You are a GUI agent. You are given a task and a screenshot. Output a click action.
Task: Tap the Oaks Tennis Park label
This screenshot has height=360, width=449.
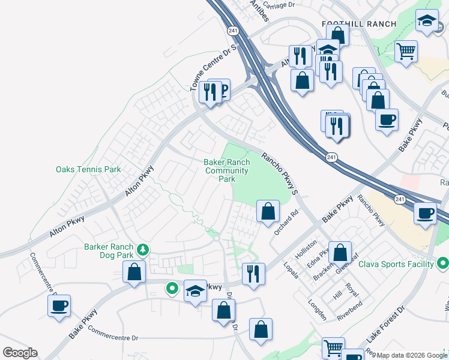[88, 170]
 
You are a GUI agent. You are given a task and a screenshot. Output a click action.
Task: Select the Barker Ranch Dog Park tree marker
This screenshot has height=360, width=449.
[143, 248]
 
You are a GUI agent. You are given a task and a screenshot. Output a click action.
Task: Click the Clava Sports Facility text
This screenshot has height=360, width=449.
[396, 264]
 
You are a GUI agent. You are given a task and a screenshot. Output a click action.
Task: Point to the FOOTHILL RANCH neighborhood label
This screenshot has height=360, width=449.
[359, 24]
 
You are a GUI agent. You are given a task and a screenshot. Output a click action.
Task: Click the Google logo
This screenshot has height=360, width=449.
[20, 353]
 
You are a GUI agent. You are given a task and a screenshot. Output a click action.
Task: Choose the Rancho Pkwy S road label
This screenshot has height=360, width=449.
[279, 173]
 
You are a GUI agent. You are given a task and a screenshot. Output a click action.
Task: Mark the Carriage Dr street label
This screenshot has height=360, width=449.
[279, 5]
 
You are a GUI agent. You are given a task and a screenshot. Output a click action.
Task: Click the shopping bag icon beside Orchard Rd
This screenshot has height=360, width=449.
[268, 211]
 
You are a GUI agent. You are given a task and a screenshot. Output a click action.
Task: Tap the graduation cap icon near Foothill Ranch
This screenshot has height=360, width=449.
[427, 22]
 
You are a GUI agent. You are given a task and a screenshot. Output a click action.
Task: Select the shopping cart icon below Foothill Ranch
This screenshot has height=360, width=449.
[406, 51]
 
